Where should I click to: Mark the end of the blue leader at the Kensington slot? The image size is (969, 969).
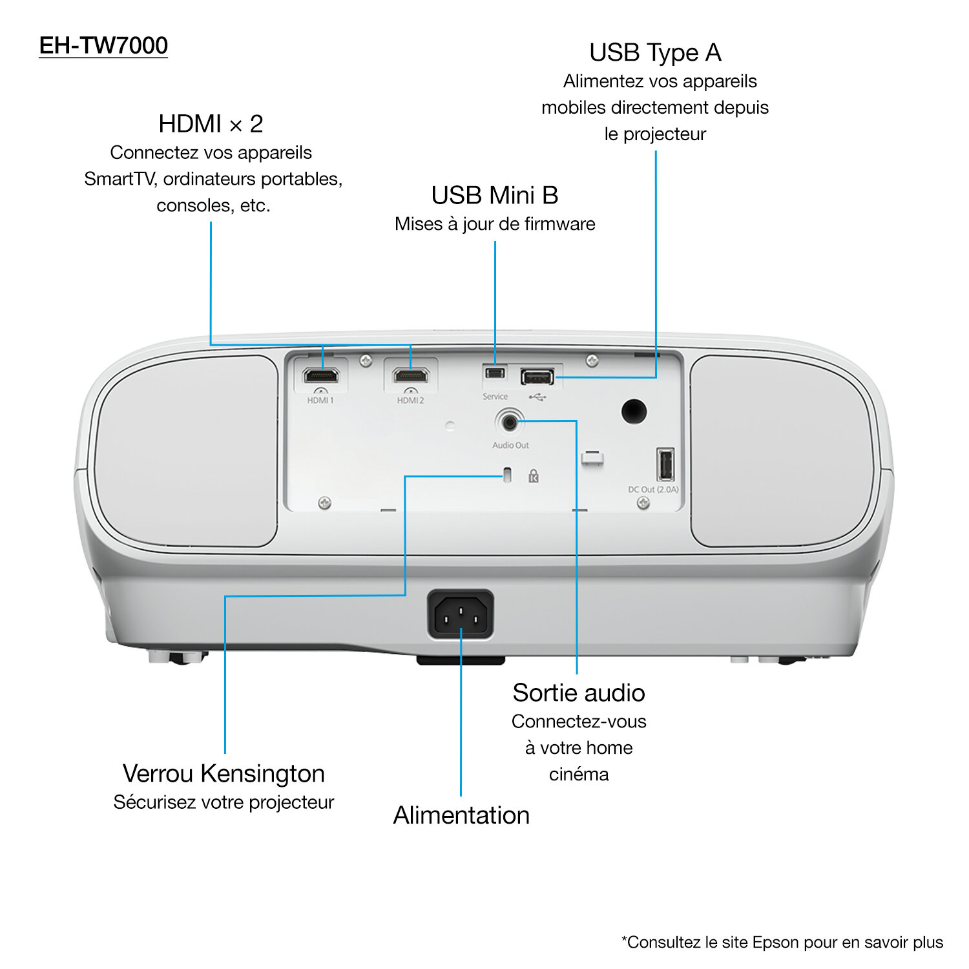(503, 477)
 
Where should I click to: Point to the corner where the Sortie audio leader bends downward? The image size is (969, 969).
(576, 421)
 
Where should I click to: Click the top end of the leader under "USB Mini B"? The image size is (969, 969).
(495, 242)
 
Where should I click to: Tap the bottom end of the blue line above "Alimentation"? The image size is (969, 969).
(461, 796)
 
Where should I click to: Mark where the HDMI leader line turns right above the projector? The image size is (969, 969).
(211, 345)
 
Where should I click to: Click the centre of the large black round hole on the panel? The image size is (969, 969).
(634, 412)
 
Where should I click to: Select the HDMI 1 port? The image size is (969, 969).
(321, 375)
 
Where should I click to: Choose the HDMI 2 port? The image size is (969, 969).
(412, 375)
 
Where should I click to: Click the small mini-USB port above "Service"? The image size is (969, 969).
(495, 373)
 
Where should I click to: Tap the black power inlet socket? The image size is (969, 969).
(461, 615)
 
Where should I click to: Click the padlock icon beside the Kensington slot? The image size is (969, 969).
(534, 476)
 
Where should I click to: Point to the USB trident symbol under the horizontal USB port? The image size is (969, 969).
(537, 397)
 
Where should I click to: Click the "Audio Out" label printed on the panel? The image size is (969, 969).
(510, 445)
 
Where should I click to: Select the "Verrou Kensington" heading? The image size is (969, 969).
(224, 773)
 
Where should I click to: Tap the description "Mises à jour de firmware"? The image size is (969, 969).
(495, 224)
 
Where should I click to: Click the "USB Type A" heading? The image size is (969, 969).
(655, 53)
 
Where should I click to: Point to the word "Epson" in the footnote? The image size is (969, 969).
(776, 943)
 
